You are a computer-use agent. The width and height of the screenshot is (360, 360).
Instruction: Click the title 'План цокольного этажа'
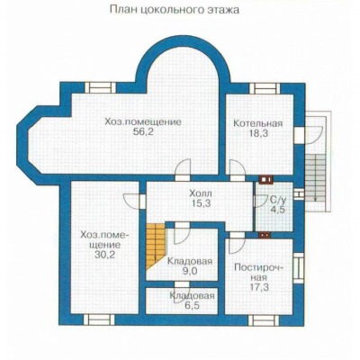(x=175, y=10)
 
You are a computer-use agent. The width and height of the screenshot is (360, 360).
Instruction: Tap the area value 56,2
(x=143, y=132)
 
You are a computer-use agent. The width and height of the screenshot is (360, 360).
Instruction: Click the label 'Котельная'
(x=258, y=123)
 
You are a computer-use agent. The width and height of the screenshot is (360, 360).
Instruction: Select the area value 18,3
(x=258, y=134)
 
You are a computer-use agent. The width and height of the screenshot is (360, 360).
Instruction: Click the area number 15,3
(x=202, y=203)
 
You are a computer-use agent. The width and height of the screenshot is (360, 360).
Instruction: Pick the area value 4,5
(x=278, y=209)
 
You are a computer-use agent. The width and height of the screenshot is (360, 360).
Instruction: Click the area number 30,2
(x=104, y=255)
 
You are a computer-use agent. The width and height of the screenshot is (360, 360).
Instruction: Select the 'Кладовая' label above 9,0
(x=190, y=261)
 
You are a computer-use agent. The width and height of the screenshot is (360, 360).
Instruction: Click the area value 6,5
(x=193, y=306)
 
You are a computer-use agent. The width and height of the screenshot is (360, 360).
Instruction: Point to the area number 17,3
(x=258, y=287)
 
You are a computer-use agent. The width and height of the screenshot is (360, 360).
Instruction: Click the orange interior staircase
(x=156, y=246)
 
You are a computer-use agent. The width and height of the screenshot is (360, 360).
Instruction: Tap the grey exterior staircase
(x=315, y=178)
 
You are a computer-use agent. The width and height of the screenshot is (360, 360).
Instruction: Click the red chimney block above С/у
(x=265, y=179)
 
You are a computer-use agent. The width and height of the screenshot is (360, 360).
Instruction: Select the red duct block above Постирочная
(x=265, y=235)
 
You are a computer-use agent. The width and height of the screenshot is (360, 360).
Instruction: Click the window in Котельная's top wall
(x=265, y=88)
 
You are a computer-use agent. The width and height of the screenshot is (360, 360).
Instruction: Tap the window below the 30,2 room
(x=99, y=319)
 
